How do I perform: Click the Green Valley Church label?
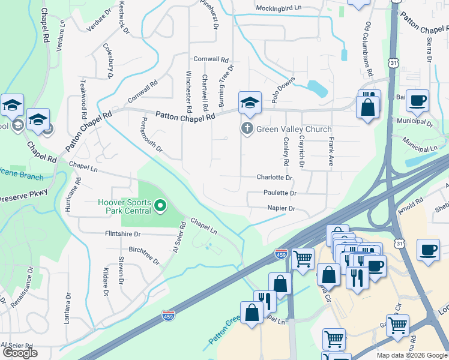point(294,129)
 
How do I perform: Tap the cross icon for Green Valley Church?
point(246,128)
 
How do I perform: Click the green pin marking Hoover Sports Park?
point(160,207)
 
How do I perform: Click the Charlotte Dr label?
point(274,178)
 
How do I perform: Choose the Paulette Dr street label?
point(280,193)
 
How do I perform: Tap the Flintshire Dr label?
point(122,234)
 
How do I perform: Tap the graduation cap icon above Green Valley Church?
point(249,103)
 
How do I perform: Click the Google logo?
point(20,353)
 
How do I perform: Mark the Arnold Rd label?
point(411,211)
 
